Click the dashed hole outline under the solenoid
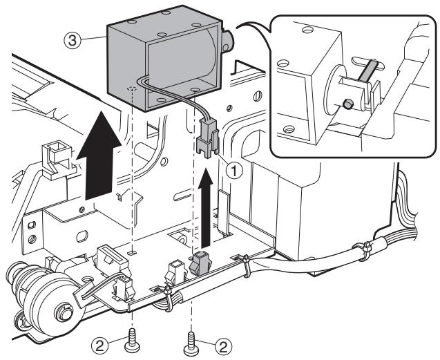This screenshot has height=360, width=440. (131, 90)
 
